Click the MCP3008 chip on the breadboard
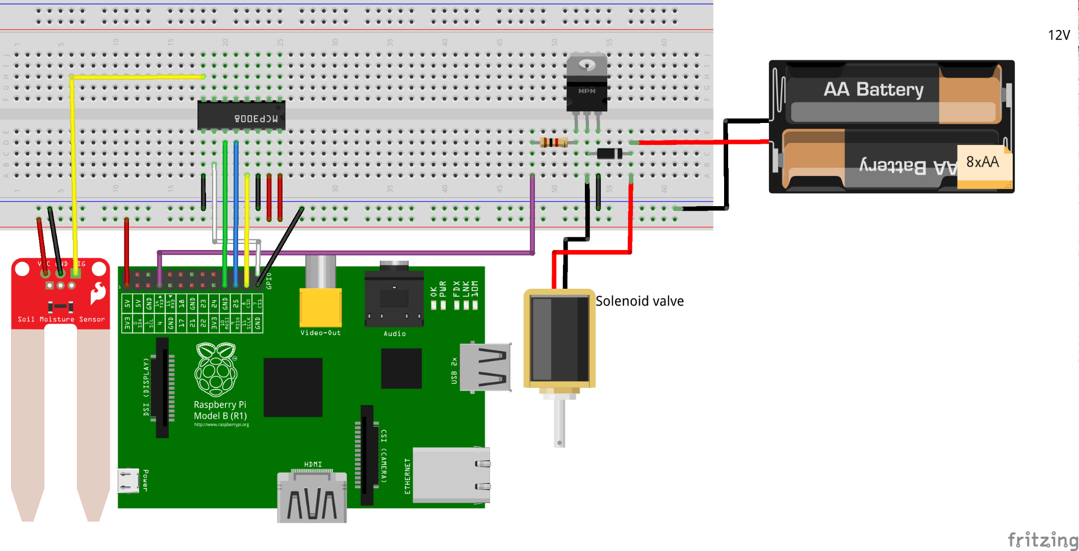click(241, 115)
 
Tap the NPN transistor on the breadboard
click(586, 84)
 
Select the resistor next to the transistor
click(554, 142)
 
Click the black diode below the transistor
click(609, 153)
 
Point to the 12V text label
click(1059, 35)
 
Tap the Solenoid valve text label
click(639, 301)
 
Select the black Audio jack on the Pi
click(394, 298)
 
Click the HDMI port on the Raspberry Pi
click(312, 497)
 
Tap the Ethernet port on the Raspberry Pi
click(451, 475)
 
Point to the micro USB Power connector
click(129, 481)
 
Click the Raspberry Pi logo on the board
click(216, 370)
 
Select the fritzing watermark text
click(1042, 539)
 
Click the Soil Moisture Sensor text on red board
click(61, 319)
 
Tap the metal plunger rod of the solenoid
click(559, 423)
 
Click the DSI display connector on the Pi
click(162, 388)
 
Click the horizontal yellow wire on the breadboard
click(138, 77)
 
